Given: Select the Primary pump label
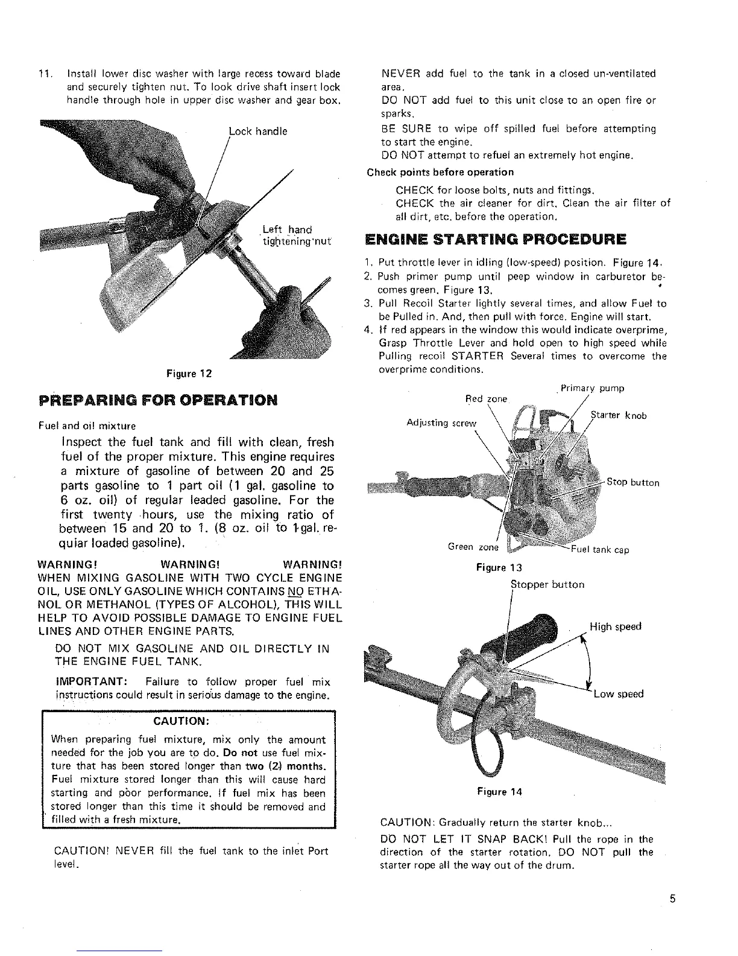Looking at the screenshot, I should (592, 388).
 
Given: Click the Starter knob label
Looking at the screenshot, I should (619, 416).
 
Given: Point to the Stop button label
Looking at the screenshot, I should (633, 483).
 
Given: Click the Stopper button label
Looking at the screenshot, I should (547, 584).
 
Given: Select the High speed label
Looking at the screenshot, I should (616, 626).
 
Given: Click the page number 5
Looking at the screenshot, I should (672, 899).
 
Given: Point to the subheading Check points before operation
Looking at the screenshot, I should (441, 173).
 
